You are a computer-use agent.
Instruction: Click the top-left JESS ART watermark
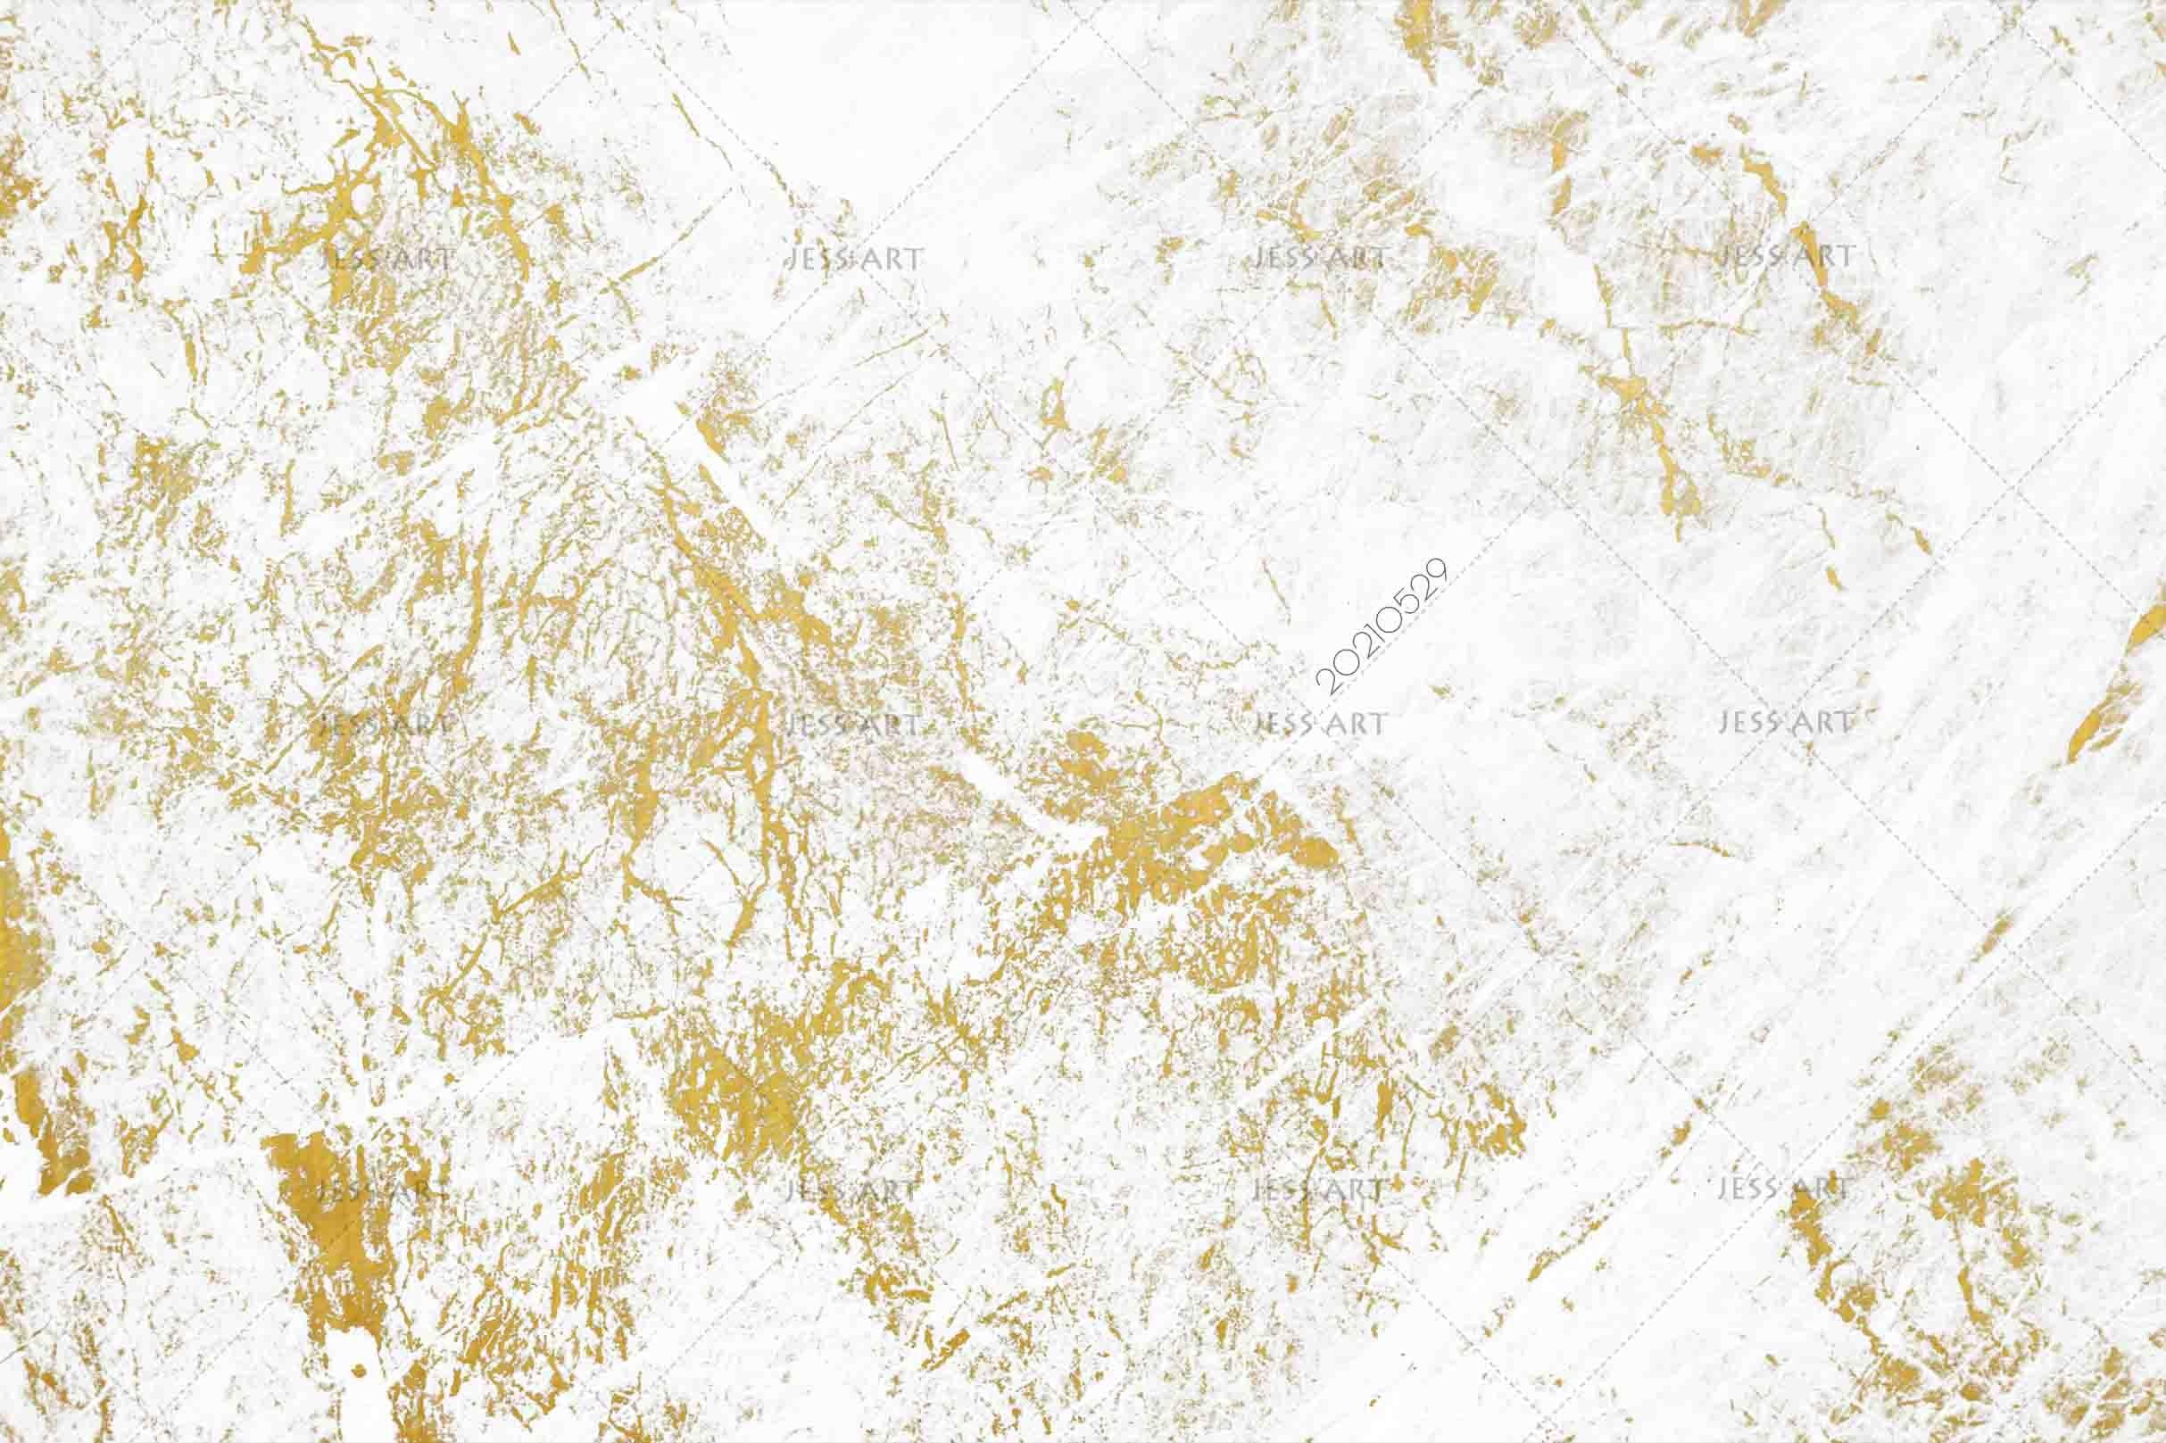(386, 258)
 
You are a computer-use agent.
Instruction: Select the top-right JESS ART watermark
(1784, 255)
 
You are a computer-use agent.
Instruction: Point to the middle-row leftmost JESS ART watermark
(386, 725)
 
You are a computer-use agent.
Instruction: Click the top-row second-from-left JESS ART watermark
(853, 258)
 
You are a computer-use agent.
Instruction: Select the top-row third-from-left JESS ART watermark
(1318, 257)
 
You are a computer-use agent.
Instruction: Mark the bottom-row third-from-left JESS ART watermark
(1318, 1190)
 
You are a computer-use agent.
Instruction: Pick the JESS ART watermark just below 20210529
(1318, 725)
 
